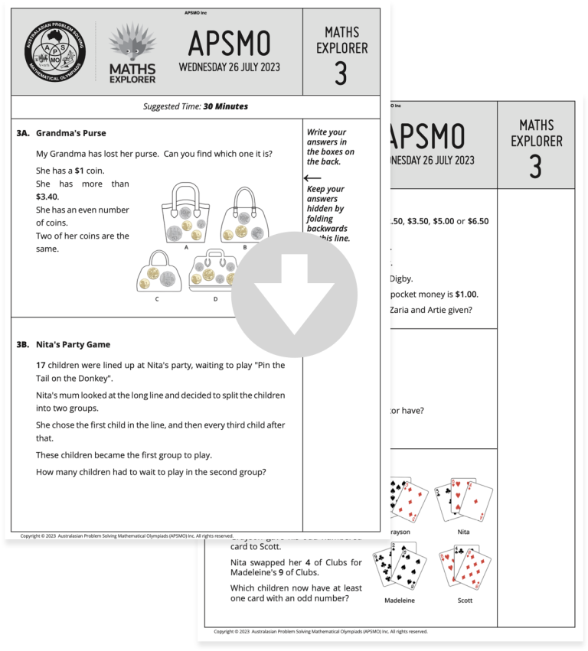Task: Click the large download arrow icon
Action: (294, 295)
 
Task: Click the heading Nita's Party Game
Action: (73, 345)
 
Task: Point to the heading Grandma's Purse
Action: (70, 133)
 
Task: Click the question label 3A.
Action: (23, 133)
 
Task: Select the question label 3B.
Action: (23, 345)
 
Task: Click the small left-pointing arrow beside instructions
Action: (312, 178)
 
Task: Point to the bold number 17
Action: (41, 365)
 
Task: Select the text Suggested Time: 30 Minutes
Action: (195, 106)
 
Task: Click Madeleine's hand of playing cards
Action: (398, 566)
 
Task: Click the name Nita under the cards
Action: (463, 532)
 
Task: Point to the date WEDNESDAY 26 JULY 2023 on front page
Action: (229, 67)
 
